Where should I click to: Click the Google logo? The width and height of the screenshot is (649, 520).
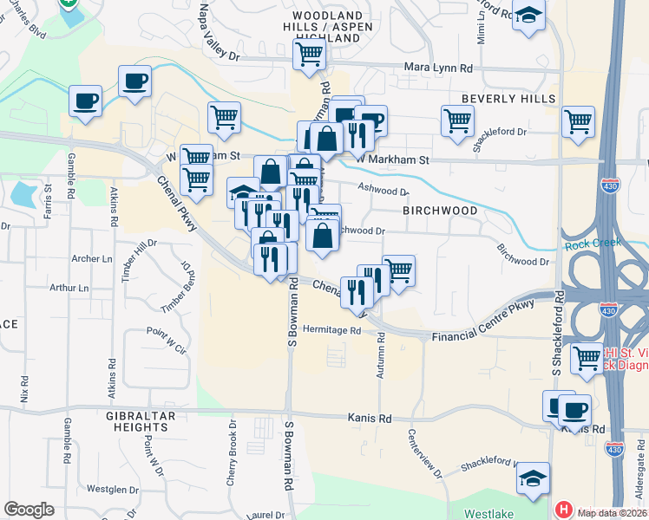[x=29, y=510]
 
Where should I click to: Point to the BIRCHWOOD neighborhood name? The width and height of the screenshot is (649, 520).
[x=440, y=211]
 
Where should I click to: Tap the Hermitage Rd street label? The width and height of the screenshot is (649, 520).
[x=331, y=330]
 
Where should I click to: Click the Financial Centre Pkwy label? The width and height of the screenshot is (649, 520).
[x=480, y=327]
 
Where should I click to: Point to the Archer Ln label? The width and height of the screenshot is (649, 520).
[x=92, y=258]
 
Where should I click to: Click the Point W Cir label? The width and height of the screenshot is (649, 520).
[x=166, y=340]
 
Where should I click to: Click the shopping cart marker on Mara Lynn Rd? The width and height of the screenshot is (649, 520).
[x=309, y=54]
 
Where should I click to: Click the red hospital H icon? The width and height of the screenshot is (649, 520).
[x=564, y=510]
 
